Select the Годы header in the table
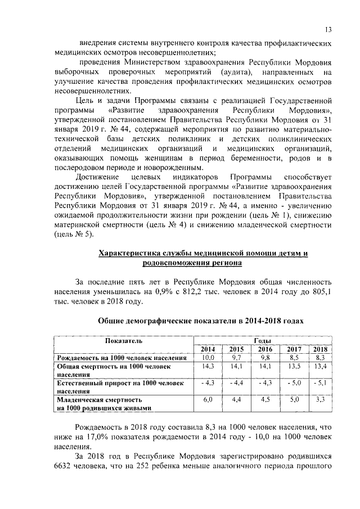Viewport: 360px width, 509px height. (x=262, y=341)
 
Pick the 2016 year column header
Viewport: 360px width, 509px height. (x=265, y=349)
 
